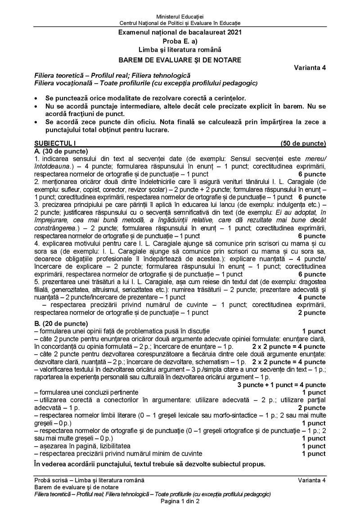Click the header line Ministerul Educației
(180, 17)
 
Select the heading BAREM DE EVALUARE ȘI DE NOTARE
(180, 59)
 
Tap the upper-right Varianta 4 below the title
(310, 68)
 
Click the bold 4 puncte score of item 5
(311, 297)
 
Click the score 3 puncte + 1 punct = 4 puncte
(282, 384)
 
